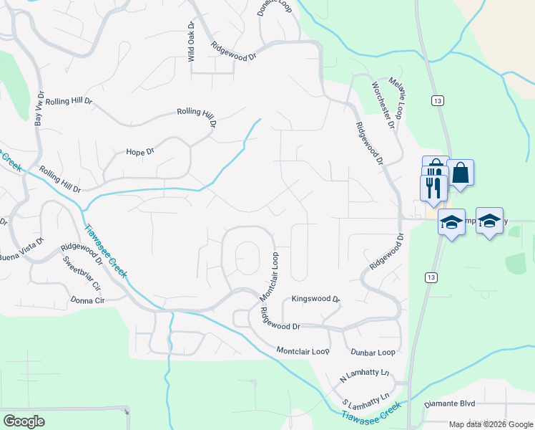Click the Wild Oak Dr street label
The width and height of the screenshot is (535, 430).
click(x=191, y=42)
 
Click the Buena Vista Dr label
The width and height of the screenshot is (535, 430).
click(x=21, y=257)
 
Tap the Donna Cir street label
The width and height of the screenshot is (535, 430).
click(x=87, y=300)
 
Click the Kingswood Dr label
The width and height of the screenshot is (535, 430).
click(x=315, y=298)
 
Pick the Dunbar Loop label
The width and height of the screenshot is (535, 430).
click(x=373, y=353)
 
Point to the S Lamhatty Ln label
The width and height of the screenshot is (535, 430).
click(x=366, y=398)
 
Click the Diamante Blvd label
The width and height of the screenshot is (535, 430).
click(x=450, y=403)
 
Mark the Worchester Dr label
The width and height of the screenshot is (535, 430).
click(x=383, y=105)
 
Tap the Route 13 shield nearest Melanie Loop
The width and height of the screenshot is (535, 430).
click(x=436, y=101)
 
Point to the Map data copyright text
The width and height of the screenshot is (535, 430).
click(x=491, y=424)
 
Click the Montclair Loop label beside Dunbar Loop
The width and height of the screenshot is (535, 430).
click(x=303, y=351)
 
